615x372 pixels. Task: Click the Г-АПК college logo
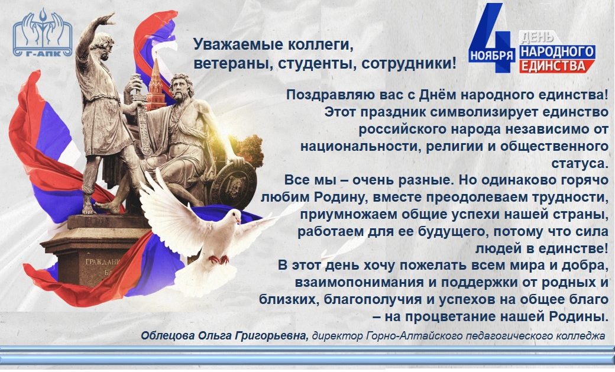click(43, 33)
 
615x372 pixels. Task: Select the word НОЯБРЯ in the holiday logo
click(492, 54)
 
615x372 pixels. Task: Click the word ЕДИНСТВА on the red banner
click(554, 66)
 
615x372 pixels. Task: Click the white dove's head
click(234, 216)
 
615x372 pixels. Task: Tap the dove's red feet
click(219, 260)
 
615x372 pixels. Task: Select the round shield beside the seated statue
click(234, 185)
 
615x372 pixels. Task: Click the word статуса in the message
click(580, 163)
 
